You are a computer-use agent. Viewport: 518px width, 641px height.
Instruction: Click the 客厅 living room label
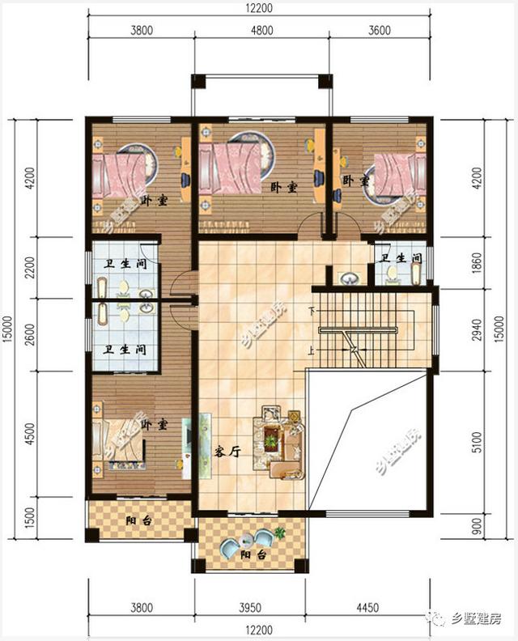click(x=230, y=452)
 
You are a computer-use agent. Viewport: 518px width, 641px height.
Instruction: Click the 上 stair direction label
click(x=312, y=350)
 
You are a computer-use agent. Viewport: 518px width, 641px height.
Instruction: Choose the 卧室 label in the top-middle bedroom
click(x=284, y=187)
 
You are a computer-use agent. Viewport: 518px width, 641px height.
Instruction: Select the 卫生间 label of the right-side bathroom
click(x=401, y=259)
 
